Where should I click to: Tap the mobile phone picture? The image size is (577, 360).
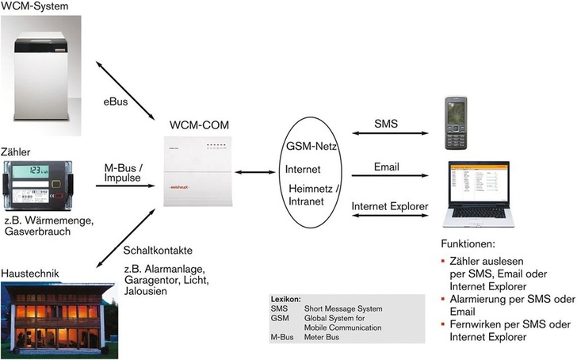click(457, 124)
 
